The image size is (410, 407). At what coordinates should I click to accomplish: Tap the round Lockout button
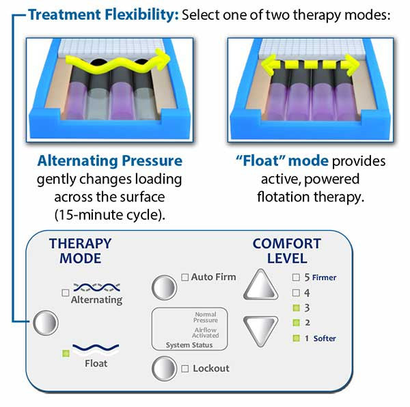point(164,368)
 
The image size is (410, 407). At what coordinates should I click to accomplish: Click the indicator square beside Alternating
point(66,292)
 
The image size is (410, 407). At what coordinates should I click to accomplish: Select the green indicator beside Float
point(66,353)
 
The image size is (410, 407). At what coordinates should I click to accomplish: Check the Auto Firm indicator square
point(185,277)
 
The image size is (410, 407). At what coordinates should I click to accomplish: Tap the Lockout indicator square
point(185,369)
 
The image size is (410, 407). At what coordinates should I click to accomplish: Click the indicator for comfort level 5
point(296,277)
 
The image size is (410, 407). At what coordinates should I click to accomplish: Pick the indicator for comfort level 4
point(296,292)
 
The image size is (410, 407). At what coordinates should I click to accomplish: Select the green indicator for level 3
point(296,307)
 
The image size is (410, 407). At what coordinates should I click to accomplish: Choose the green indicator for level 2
point(296,322)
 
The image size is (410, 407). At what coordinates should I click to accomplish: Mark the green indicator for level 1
point(296,338)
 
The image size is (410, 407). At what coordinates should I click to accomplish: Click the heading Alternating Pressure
point(110,162)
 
